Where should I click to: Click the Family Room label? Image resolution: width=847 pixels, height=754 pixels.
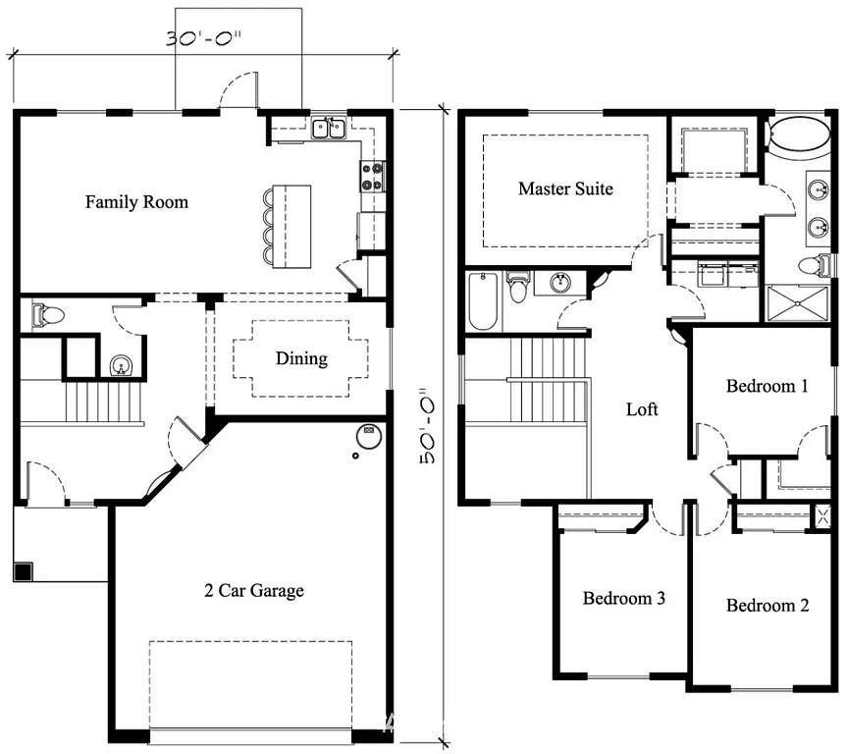coord(136,202)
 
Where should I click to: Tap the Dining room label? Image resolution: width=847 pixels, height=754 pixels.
coord(301,358)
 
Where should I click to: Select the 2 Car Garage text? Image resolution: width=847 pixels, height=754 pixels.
coord(253,590)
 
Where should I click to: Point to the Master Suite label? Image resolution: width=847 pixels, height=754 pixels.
coord(565,188)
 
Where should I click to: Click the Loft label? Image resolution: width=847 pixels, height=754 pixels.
coord(642,409)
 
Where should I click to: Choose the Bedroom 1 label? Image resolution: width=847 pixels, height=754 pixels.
coord(767,386)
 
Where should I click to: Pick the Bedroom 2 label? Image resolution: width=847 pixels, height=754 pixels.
coord(767,605)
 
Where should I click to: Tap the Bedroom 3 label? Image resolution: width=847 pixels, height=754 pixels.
coord(624,598)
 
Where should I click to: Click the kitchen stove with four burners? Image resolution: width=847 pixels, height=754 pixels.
coord(373,176)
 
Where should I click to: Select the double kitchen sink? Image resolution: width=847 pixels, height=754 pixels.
coord(328,129)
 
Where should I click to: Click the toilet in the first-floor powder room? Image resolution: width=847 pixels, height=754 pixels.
coord(47,315)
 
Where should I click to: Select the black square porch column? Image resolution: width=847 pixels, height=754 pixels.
coord(23,570)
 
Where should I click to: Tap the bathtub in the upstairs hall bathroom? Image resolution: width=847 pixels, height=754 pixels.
coord(483,301)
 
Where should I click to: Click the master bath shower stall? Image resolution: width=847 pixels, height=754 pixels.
coord(797,302)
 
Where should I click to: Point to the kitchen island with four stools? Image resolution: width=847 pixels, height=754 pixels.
coord(291,226)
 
